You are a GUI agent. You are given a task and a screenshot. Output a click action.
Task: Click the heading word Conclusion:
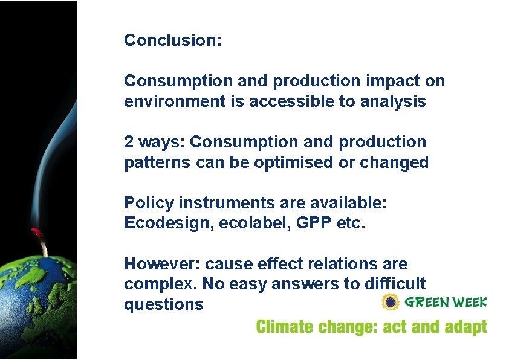pyautogui.click(x=173, y=40)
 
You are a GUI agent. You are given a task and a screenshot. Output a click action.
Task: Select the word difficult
pyautogui.click(x=393, y=284)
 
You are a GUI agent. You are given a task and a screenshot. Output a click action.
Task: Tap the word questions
pyautogui.click(x=163, y=304)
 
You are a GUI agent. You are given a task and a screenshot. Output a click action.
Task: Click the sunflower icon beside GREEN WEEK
pyautogui.click(x=391, y=302)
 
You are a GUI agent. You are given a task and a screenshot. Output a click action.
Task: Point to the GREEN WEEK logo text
pyautogui.click(x=446, y=302)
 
